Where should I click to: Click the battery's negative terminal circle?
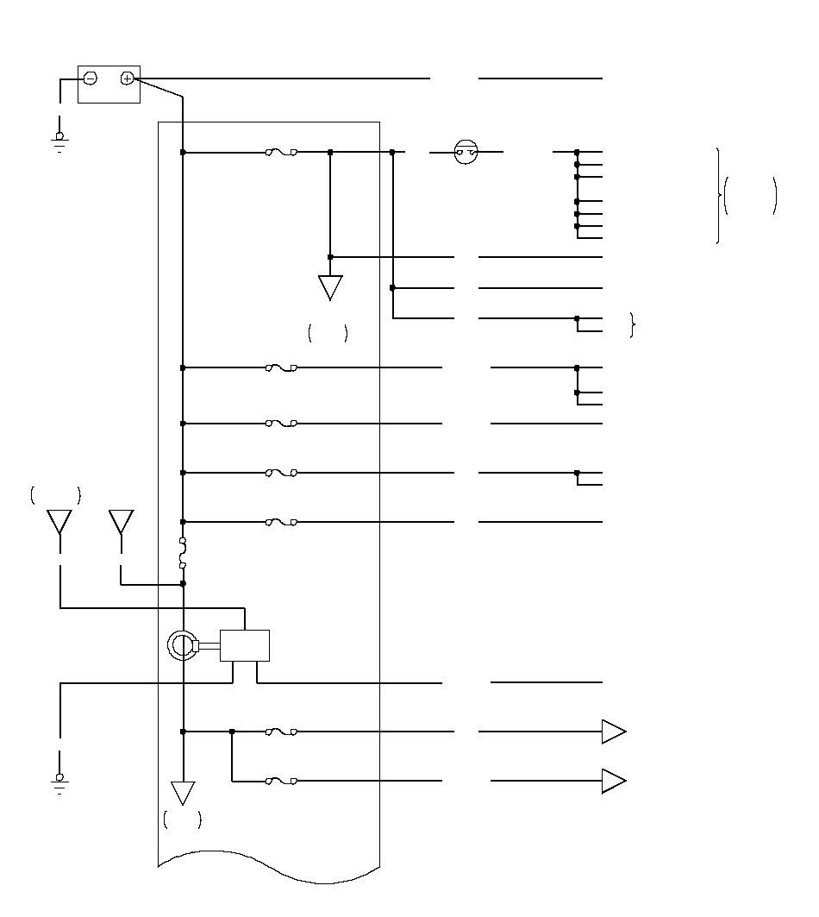90,79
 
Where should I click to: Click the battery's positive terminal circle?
127,79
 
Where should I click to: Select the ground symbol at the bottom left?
59,781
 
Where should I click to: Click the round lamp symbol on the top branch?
466,154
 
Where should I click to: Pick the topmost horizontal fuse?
282,153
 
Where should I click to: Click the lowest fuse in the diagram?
282,781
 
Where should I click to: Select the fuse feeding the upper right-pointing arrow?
282,732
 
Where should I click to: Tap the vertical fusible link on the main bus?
183,554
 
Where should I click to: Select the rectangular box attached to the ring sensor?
245,645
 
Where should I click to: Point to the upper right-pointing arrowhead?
613,732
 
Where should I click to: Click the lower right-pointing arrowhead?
613,781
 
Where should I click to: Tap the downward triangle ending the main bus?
183,792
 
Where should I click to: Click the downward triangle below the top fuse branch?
330,286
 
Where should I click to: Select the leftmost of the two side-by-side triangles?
59,521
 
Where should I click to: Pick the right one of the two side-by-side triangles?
121,521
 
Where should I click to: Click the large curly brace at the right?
718,196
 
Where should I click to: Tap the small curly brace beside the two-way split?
633,325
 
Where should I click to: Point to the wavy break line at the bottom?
269,867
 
